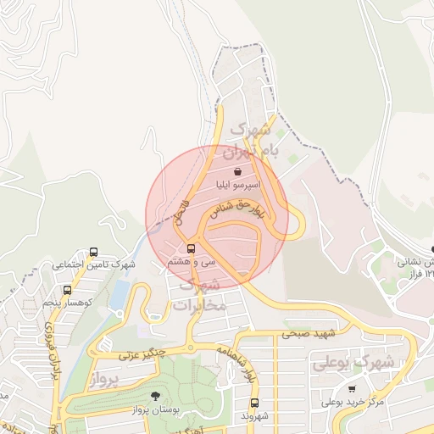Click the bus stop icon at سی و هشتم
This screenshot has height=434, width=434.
(x=191, y=248)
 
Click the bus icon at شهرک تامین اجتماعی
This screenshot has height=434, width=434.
(x=93, y=252)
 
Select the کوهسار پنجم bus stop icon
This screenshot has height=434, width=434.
(x=67, y=290)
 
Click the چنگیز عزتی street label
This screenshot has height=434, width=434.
(x=139, y=353)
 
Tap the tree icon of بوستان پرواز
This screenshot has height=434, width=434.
(x=154, y=395)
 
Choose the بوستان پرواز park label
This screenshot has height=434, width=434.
(x=158, y=409)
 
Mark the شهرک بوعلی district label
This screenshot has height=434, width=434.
(x=353, y=363)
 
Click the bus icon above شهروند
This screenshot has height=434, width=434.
(x=254, y=403)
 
